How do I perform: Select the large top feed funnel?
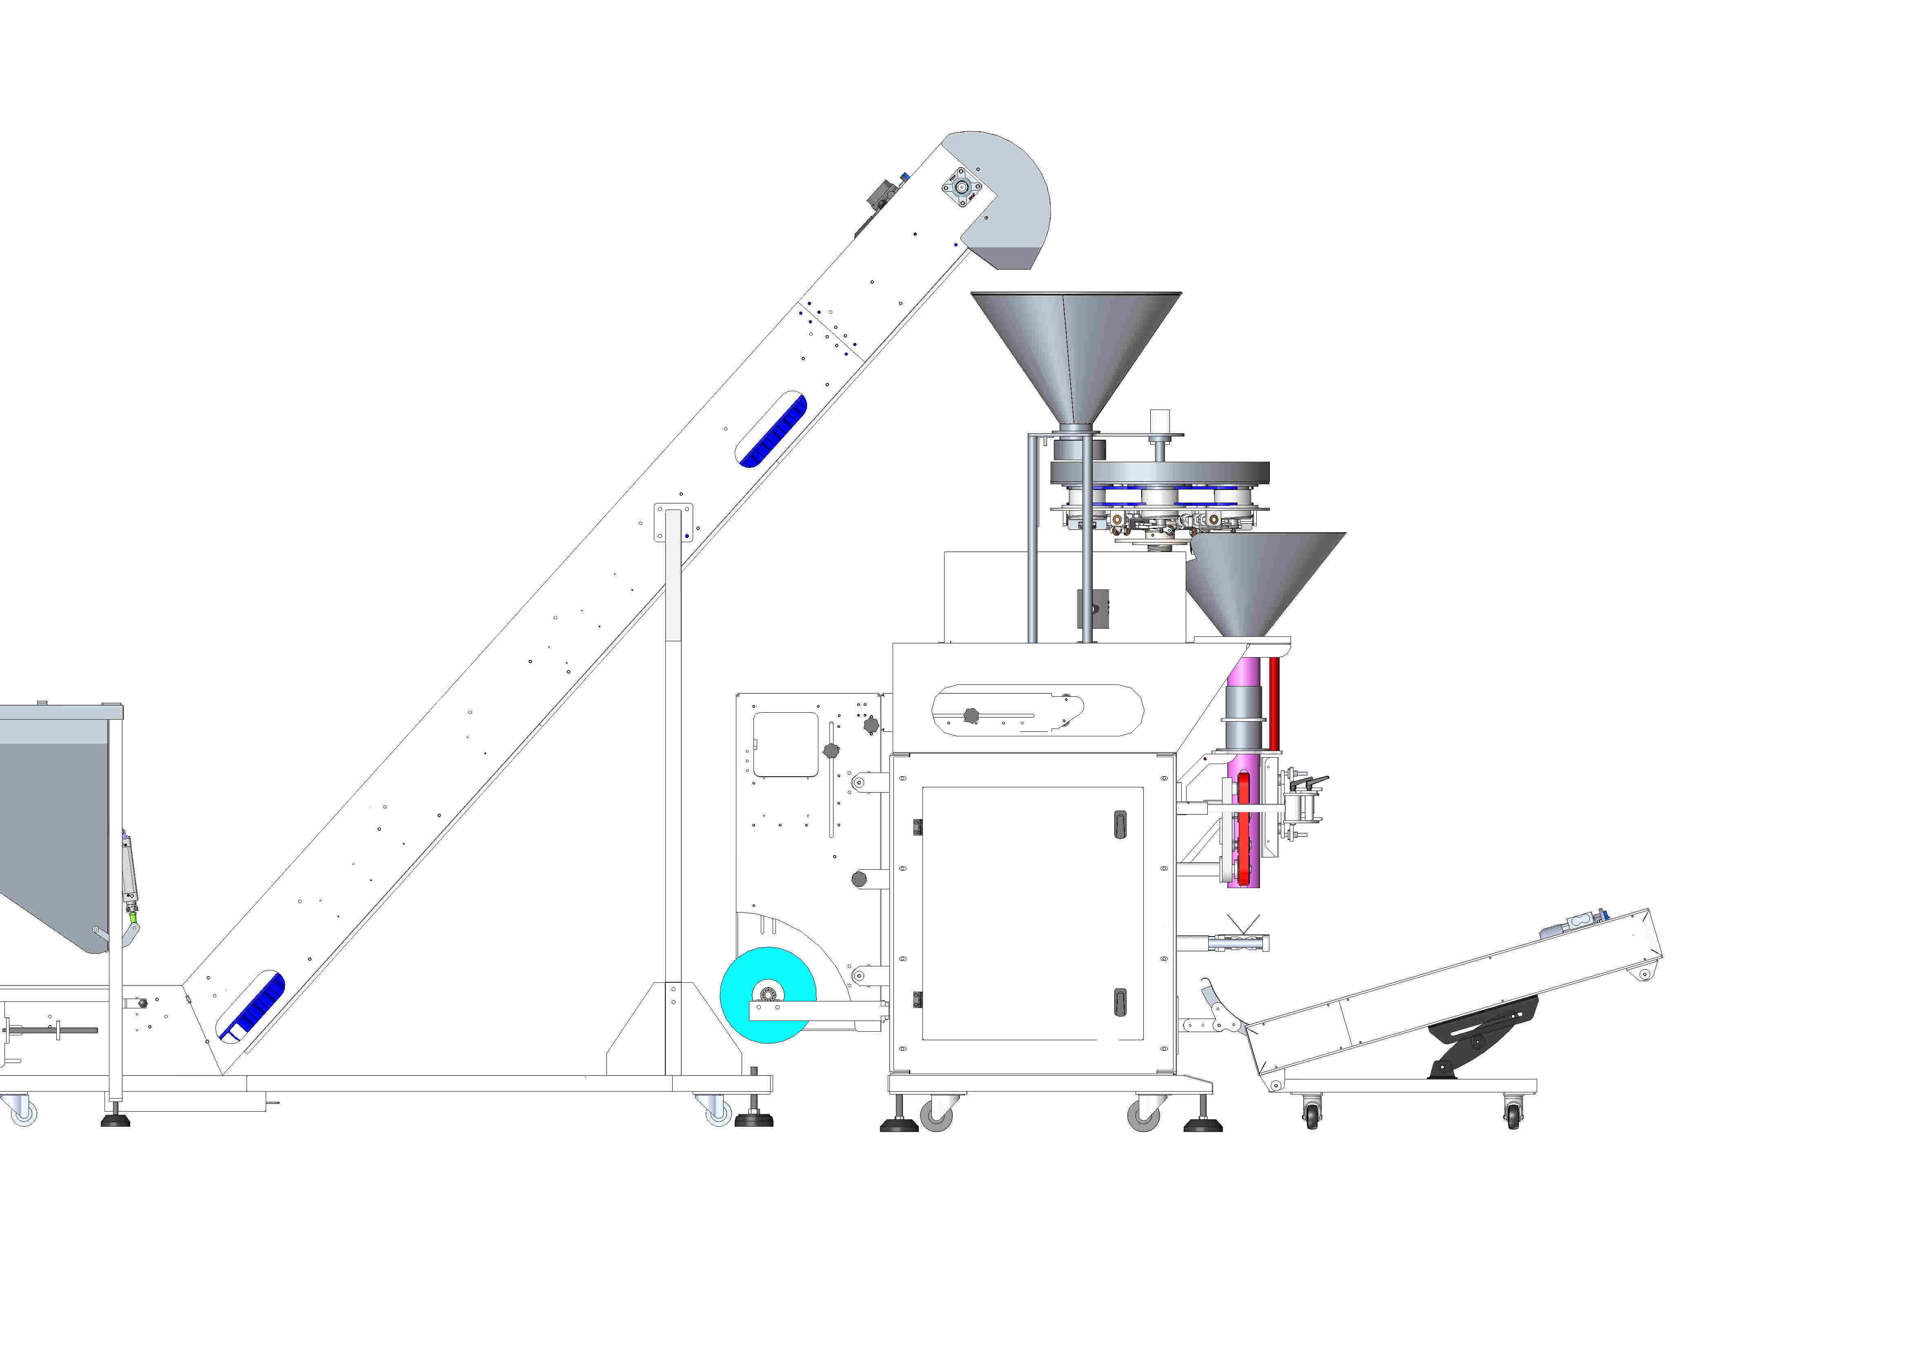coord(1076,349)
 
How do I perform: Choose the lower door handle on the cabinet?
coord(1119,1001)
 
